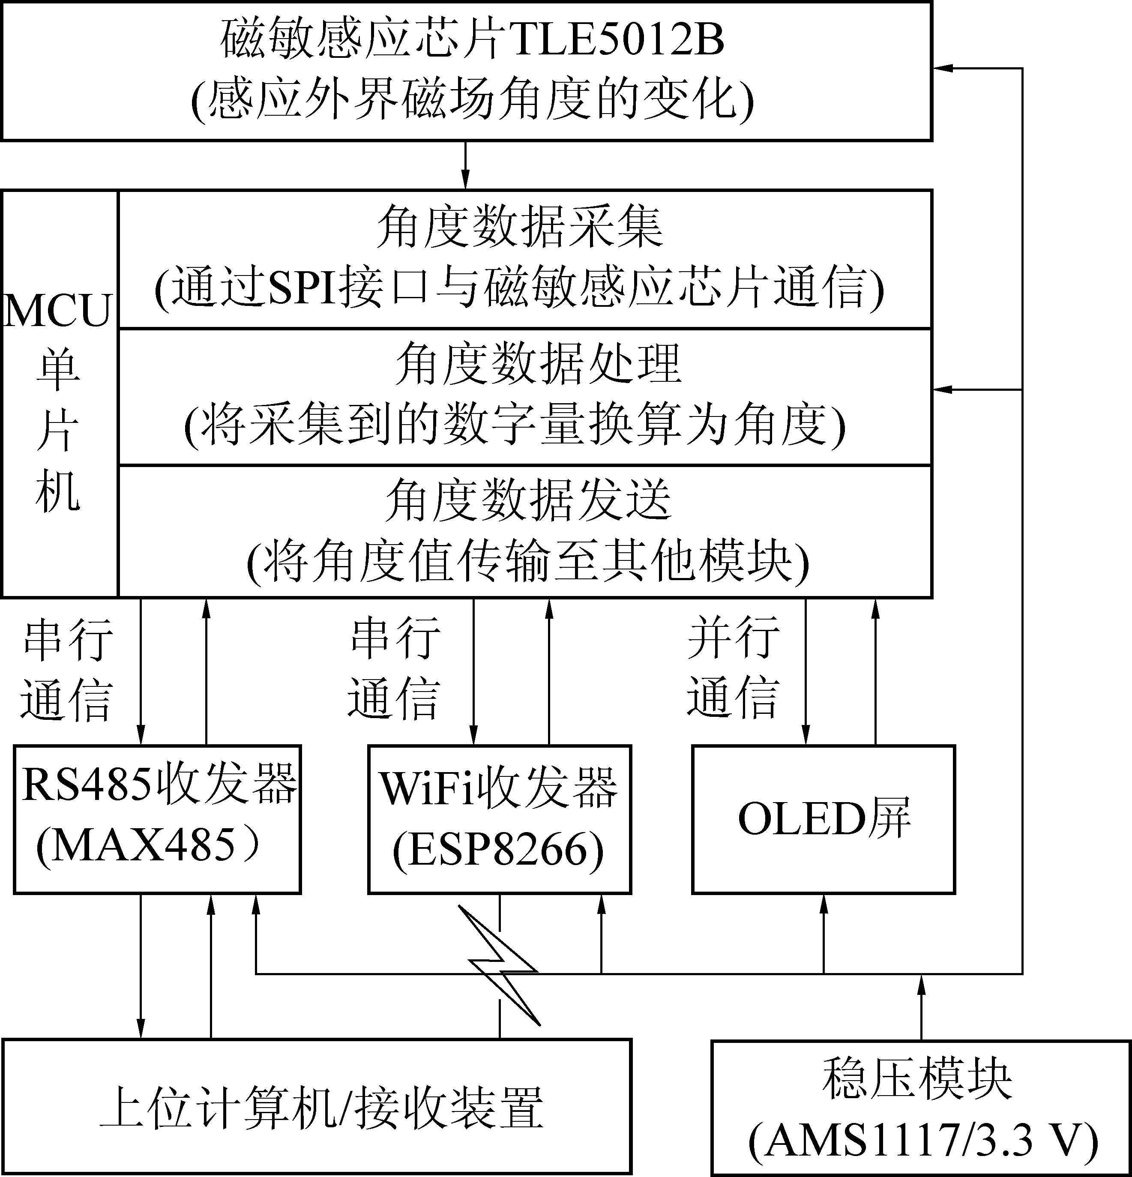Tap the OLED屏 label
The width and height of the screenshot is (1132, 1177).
tap(824, 818)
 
